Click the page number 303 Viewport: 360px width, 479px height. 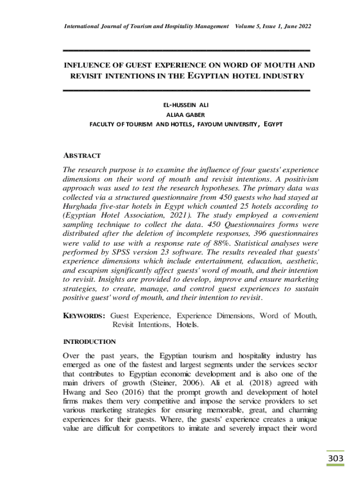point(335,458)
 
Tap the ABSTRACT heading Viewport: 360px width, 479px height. point(82,155)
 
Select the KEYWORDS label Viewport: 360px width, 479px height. point(84,316)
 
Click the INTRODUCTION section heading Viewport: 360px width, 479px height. point(89,341)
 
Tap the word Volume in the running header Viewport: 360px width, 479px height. point(246,26)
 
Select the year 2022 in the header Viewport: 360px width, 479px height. point(302,26)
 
